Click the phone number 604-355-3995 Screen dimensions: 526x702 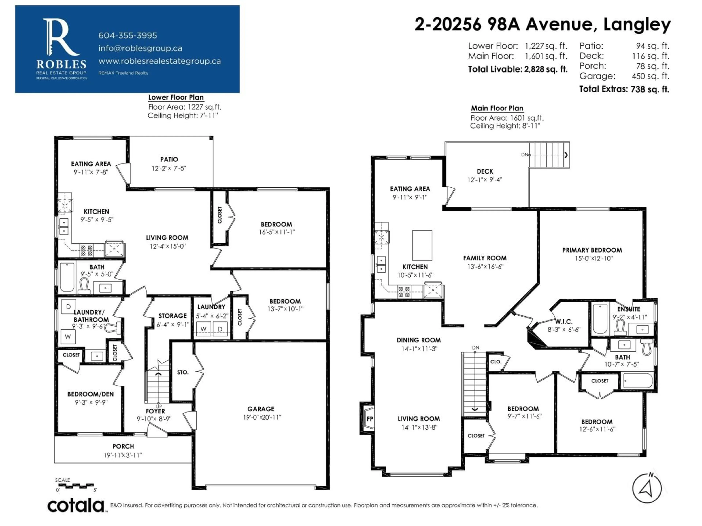(128, 35)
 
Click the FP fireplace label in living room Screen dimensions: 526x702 (370, 419)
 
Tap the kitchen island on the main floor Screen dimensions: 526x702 (422, 245)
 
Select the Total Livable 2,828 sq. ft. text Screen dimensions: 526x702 (518, 69)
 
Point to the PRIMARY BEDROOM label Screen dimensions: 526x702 (592, 250)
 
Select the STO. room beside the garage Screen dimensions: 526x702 (182, 372)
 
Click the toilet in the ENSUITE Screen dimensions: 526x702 (620, 327)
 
